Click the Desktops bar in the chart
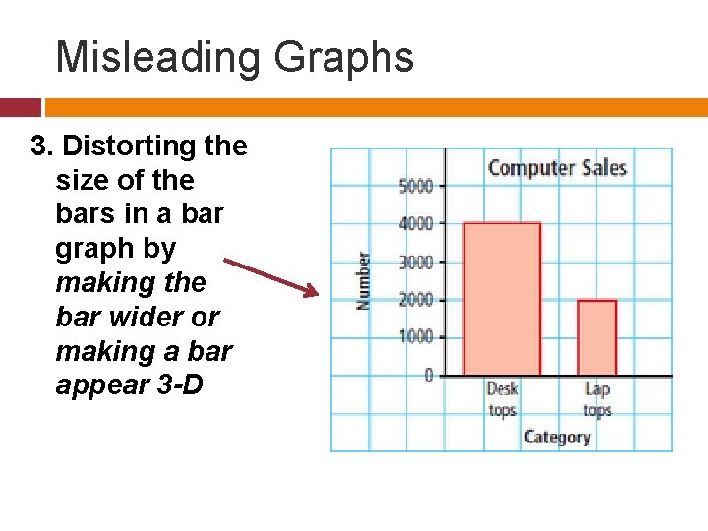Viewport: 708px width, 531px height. click(501, 299)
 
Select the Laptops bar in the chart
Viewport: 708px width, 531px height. click(597, 337)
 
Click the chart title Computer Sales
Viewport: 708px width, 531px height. click(557, 167)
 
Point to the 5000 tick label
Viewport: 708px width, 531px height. click(415, 185)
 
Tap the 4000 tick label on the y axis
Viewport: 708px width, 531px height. click(415, 223)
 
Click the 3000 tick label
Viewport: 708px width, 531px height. click(415, 262)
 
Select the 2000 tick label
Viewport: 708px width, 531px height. click(415, 299)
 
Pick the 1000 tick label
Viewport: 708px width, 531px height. click(415, 336)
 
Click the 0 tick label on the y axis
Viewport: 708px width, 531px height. click(428, 375)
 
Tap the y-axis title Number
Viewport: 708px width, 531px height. click(364, 280)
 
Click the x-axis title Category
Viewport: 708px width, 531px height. click(557, 436)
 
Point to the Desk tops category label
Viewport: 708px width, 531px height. click(501, 399)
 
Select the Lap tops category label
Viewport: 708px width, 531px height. click(597, 399)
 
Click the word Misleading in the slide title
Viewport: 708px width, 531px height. click(158, 57)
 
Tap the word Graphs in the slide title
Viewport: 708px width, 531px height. click(344, 57)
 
